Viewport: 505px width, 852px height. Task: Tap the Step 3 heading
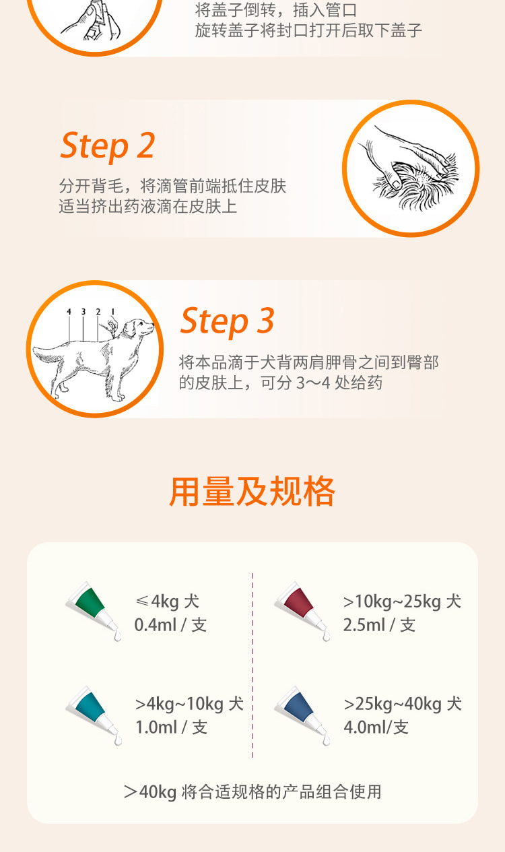[228, 323]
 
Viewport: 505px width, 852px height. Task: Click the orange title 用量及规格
[252, 491]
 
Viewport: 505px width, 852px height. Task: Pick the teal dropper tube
[94, 715]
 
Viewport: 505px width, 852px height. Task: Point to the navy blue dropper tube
[302, 715]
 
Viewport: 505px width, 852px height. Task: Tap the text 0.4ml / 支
[170, 625]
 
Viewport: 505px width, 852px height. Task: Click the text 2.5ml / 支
[379, 625]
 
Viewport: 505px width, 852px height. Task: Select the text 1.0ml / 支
[172, 727]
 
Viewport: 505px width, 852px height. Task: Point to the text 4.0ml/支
[376, 727]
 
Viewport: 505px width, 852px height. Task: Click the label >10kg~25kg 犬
[403, 601]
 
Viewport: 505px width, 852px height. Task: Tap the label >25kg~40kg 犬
[403, 704]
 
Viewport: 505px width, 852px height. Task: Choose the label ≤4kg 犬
[167, 601]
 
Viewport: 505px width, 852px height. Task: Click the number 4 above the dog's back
[69, 312]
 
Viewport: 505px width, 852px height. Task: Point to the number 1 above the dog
[113, 312]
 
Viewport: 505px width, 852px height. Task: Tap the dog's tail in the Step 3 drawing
[48, 354]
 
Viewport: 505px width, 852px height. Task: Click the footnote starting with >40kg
[252, 792]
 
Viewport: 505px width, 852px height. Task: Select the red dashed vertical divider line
[253, 665]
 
